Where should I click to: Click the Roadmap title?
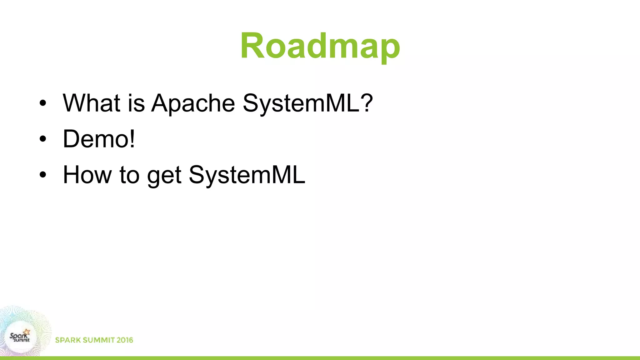tap(320, 46)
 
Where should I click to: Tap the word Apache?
tap(193, 103)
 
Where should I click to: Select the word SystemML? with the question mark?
tap(307, 103)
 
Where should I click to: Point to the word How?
tap(87, 175)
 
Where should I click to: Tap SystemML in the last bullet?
tap(247, 175)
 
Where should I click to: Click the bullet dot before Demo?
tap(43, 139)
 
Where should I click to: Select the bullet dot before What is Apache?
tap(43, 103)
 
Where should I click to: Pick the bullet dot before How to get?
tap(43, 175)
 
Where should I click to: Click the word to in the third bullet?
tap(129, 175)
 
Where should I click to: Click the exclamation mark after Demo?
tap(132, 139)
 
